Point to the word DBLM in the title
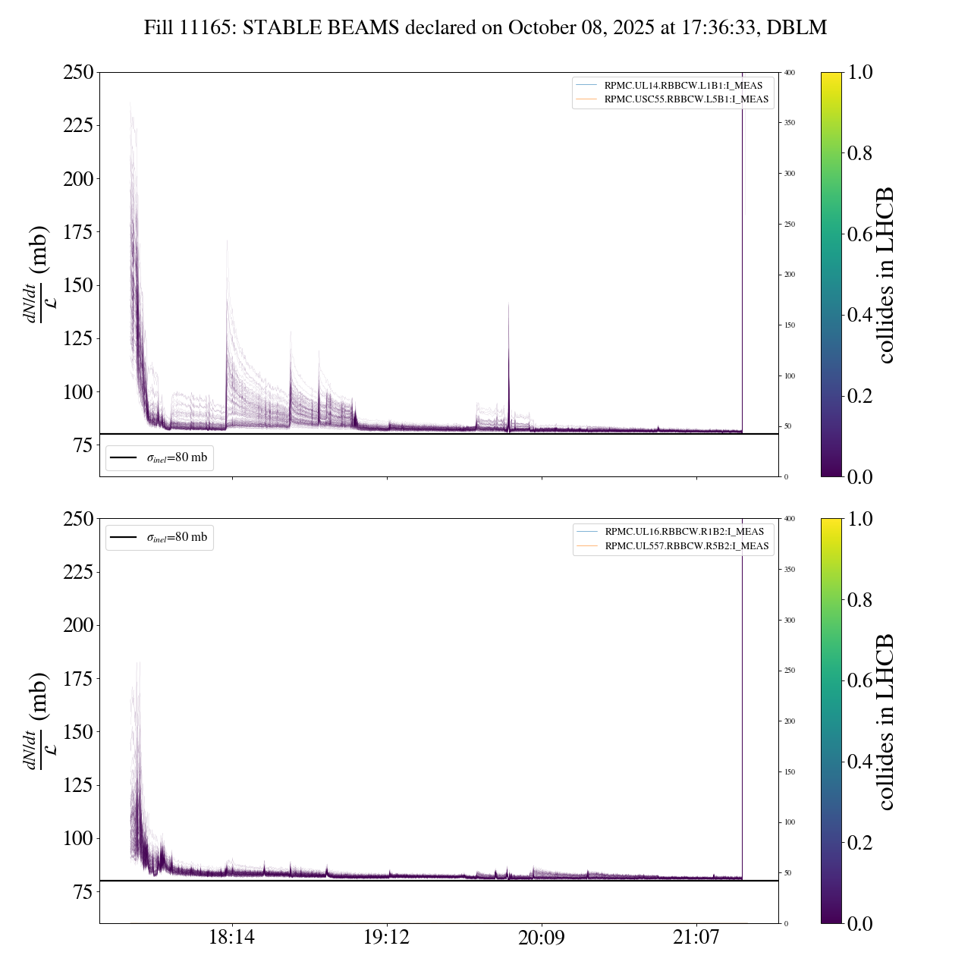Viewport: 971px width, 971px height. pos(797,28)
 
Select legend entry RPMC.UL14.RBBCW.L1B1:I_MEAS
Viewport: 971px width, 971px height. pos(683,86)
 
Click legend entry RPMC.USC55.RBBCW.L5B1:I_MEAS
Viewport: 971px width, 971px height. pos(686,99)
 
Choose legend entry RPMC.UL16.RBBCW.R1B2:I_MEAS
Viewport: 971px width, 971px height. pos(684,532)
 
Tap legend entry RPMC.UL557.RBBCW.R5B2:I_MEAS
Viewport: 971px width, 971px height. pos(687,545)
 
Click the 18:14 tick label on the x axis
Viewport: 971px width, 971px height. pos(232,938)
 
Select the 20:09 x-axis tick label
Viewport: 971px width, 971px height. pos(542,938)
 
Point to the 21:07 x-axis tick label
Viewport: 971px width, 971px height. pos(696,938)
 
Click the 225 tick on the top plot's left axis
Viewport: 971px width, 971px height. pos(78,125)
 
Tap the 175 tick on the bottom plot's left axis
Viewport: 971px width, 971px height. pos(78,679)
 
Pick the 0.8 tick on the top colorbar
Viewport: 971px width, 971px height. pos(859,153)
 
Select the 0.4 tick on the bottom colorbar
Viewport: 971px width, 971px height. pos(859,762)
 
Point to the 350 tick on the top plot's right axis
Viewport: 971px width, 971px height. pos(790,123)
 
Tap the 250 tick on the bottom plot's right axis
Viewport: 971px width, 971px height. pos(790,671)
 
